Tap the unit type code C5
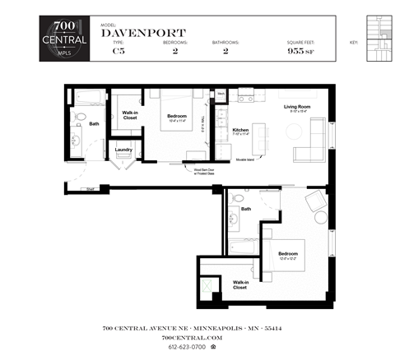(118, 51)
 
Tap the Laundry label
(124, 150)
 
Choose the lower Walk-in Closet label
(239, 285)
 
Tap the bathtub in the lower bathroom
(244, 246)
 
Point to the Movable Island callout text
(247, 159)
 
